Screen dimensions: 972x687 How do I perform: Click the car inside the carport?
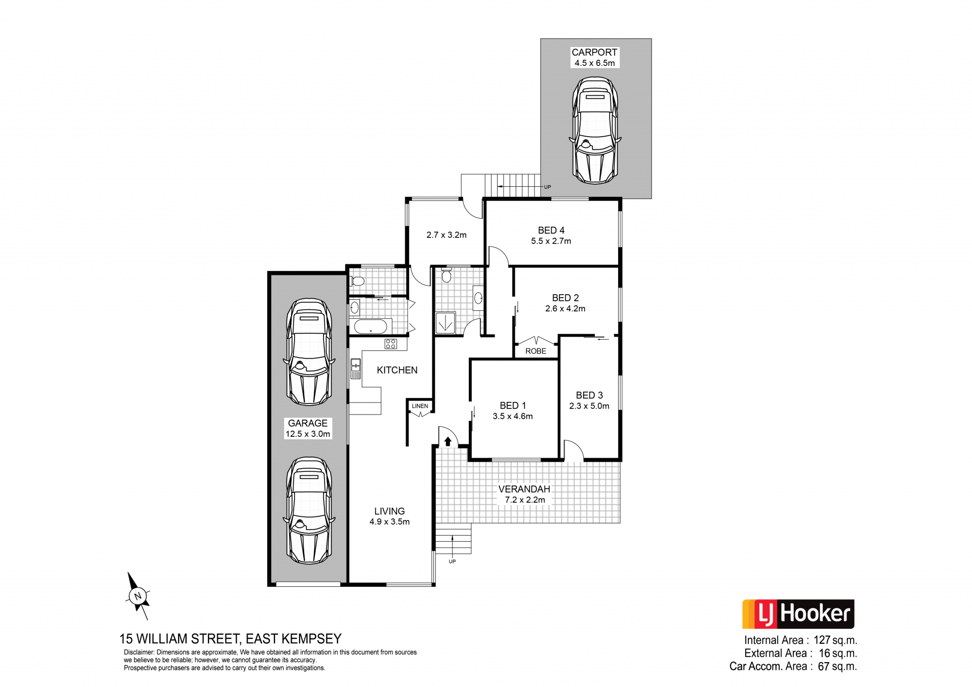click(595, 131)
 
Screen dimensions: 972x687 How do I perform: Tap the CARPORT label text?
click(594, 52)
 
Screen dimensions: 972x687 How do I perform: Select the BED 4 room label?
click(551, 230)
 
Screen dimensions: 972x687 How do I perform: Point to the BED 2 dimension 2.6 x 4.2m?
click(565, 309)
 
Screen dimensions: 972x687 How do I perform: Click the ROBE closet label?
click(536, 351)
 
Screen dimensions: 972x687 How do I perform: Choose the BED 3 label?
click(589, 395)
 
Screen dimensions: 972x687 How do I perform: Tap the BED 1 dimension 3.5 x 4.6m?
click(512, 416)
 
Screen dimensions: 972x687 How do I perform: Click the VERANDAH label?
click(524, 489)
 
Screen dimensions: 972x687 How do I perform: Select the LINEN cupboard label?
click(420, 406)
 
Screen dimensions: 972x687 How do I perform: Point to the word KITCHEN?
click(397, 370)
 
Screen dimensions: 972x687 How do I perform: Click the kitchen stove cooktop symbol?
click(390, 344)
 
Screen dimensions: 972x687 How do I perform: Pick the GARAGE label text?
click(308, 423)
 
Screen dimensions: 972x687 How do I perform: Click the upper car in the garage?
click(309, 352)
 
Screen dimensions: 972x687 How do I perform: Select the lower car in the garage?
click(309, 511)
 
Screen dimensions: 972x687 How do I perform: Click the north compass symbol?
click(138, 596)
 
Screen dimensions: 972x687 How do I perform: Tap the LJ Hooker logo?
click(798, 614)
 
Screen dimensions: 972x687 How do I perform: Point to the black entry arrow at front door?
click(448, 441)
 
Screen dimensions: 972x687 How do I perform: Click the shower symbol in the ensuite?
click(445, 322)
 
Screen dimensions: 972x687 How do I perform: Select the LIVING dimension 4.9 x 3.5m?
click(389, 522)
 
